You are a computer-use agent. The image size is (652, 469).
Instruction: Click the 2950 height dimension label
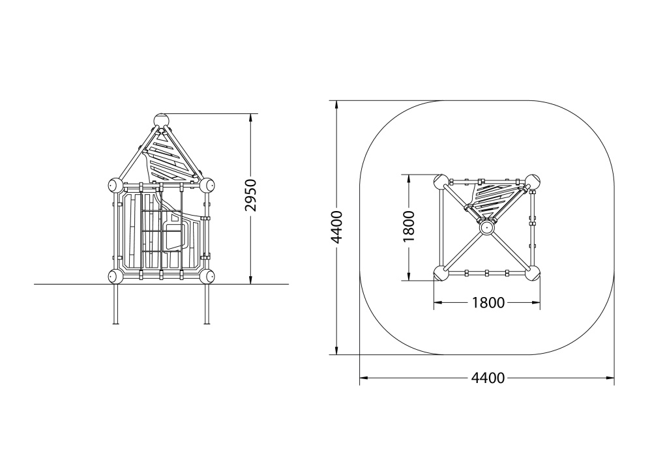coord(250,195)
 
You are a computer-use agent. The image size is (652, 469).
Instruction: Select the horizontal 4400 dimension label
coord(488,378)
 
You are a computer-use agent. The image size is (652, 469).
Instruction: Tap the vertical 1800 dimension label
coord(409,227)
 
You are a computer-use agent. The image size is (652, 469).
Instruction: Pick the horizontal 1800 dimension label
coord(488,303)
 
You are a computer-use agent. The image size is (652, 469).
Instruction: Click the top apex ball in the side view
coord(161,121)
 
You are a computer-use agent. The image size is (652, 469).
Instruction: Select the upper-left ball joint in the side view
coord(115,185)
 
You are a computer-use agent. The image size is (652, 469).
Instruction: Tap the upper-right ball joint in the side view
coord(207,185)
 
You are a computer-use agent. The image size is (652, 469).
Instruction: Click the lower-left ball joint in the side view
coord(115,276)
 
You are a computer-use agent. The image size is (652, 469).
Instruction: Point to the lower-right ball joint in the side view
coord(207,276)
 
